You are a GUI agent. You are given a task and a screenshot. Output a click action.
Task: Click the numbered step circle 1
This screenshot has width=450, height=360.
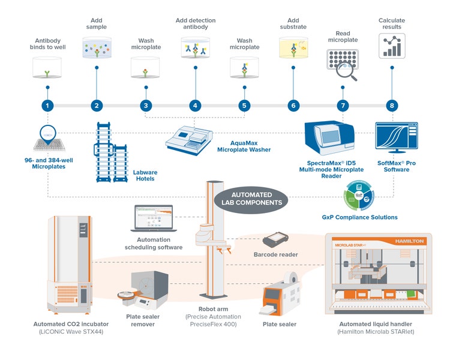click(x=47, y=106)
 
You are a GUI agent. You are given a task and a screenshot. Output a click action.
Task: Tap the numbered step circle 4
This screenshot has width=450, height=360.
click(x=194, y=106)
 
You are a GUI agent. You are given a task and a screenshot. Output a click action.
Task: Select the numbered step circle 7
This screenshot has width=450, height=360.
click(x=343, y=106)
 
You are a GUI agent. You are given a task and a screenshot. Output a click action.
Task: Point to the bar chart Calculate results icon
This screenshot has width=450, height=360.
click(x=391, y=46)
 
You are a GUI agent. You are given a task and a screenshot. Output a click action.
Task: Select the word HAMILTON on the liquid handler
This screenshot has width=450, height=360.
click(x=409, y=241)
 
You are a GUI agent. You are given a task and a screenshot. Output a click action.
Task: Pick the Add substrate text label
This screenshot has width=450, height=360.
click(x=293, y=23)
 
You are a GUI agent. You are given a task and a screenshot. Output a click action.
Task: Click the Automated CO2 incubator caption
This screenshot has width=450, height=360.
click(x=70, y=324)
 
